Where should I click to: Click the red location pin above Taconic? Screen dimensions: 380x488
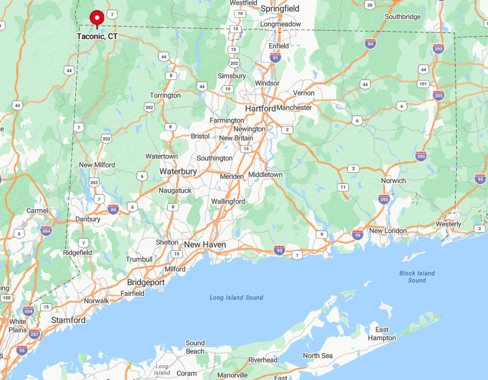pos(97,18)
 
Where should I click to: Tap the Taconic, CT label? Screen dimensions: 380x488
pos(97,37)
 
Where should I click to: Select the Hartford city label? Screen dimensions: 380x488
pos(260,109)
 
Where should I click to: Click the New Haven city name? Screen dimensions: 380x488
pos(205,245)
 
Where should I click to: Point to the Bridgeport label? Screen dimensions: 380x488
pos(146,282)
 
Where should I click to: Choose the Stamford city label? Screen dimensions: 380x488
pos(68,320)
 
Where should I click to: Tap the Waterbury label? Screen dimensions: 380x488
pos(178,172)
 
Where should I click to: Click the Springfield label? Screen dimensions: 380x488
pos(280,8)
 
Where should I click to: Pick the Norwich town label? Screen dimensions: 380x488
pos(394,181)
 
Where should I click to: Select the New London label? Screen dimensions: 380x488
pos(388,231)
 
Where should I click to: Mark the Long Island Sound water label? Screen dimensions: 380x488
pos(237,297)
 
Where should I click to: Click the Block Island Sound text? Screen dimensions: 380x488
pos(417,277)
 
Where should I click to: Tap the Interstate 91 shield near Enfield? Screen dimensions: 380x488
pos(275,57)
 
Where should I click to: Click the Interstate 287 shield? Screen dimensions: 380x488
pos(34,334)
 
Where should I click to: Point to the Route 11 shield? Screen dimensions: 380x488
pos(344,187)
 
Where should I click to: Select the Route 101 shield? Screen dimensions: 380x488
pos(423,84)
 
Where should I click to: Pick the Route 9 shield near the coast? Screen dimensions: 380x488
pos(321,234)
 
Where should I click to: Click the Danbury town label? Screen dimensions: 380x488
pos(88,219)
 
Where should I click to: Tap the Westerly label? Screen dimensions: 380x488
pos(449,224)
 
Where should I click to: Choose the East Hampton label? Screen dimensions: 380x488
pos(382,334)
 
